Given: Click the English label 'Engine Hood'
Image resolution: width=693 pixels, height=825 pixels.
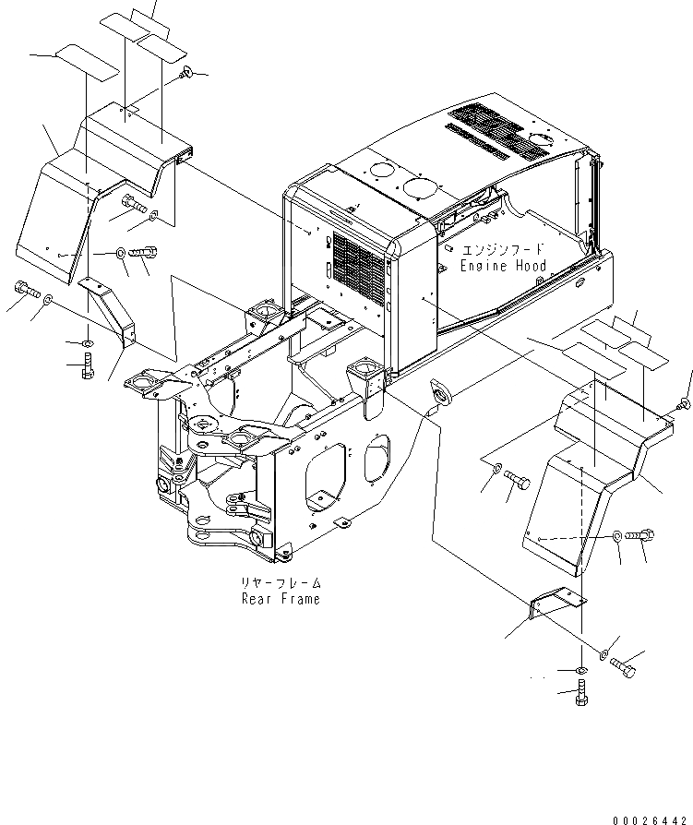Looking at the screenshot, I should pos(503,266).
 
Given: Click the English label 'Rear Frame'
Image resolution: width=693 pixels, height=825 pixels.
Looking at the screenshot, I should pos(281,599).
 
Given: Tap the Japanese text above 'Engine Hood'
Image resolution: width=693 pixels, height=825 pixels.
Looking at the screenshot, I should pos(503,250).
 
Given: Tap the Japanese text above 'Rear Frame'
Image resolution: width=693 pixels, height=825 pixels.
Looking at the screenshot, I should pos(281,583).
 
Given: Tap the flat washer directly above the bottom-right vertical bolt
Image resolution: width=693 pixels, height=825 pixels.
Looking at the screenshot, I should pos(579,668).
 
